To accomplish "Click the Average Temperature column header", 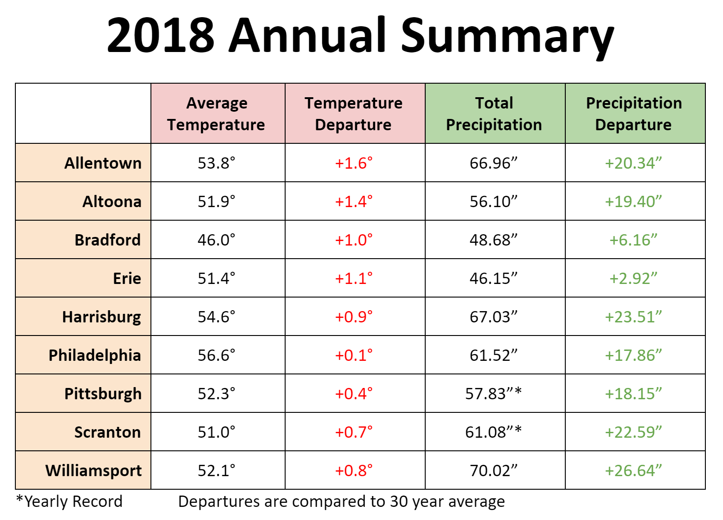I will pos(216,113).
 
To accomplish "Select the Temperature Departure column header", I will pos(353,113).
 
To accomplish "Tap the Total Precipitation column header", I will pos(494,113).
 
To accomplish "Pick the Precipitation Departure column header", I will pos(634,113).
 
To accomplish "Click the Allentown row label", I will pos(103,163).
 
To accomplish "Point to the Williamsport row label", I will pos(93,470).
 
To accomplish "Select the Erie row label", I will pos(127,278).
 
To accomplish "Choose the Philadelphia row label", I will pos(94,355).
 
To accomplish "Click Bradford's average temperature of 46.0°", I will pos(216,240).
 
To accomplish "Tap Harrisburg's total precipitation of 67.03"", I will pos(493,317).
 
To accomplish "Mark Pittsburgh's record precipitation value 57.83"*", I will pos(493,393).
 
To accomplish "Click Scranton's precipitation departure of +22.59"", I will pos(633,432).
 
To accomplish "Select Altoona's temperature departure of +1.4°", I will pos(353,201).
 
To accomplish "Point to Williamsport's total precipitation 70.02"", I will pos(493,470).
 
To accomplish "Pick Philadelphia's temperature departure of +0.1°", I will pos(353,355).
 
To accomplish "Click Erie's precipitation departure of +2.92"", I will pos(633,278).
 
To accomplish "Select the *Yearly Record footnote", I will pos(69,501).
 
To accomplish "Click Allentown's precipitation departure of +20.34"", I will pos(633,163).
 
